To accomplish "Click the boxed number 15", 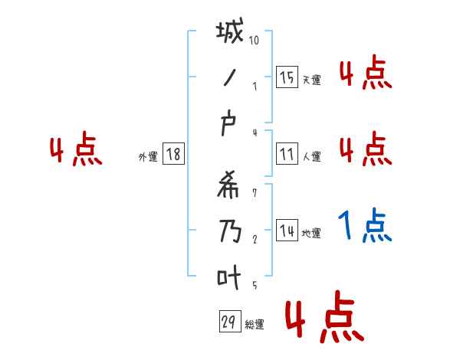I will pos(287,77).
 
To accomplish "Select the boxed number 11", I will pos(287,154).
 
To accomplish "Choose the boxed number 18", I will pos(173,154).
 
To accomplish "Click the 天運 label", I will pos(311,80).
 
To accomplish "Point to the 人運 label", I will pos(311,157).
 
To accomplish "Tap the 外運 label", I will pos(147,157).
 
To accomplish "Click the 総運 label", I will pos(255,325).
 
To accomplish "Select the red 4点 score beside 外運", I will pos(76,150).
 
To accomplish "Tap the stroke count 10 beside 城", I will pos(254,40).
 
